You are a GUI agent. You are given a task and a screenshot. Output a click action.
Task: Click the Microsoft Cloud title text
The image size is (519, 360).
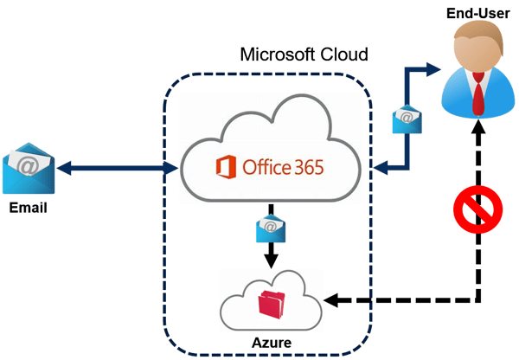tap(304, 55)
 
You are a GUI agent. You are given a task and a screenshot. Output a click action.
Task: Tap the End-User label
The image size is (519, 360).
tap(478, 13)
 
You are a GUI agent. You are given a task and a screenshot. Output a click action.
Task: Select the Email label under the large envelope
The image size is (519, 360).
tap(29, 208)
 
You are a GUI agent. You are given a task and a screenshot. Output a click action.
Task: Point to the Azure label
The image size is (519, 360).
tap(272, 343)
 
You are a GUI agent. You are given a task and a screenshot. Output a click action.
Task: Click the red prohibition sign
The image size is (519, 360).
tap(478, 209)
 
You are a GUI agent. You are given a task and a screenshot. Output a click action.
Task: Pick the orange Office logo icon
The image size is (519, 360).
tap(226, 167)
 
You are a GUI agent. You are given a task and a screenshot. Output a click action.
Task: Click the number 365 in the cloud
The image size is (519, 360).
tap(309, 167)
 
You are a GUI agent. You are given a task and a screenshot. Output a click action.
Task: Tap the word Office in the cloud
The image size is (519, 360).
tap(266, 167)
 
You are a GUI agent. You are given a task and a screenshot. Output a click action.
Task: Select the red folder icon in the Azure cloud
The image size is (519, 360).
tap(272, 305)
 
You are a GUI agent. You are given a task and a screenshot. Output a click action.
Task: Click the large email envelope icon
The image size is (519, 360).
tap(29, 168)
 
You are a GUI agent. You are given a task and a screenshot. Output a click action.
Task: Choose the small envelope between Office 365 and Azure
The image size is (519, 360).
tap(271, 228)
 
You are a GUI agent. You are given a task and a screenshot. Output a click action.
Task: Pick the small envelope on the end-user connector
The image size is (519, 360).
tap(407, 119)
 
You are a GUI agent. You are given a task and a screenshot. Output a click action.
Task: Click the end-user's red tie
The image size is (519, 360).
tap(477, 93)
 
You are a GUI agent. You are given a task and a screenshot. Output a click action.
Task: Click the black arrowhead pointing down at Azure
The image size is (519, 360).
tap(271, 261)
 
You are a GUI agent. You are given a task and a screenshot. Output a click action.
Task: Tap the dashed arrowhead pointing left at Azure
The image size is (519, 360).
tap(331, 300)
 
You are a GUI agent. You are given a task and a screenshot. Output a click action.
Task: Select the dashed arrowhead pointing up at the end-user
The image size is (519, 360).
tap(478, 127)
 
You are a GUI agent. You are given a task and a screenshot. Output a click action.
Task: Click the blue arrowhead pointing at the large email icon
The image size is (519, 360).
tap(64, 168)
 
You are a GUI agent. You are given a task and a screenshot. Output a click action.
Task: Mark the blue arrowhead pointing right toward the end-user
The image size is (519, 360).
tap(433, 69)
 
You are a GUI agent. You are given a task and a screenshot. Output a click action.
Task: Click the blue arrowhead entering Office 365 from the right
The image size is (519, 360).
tap(381, 167)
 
